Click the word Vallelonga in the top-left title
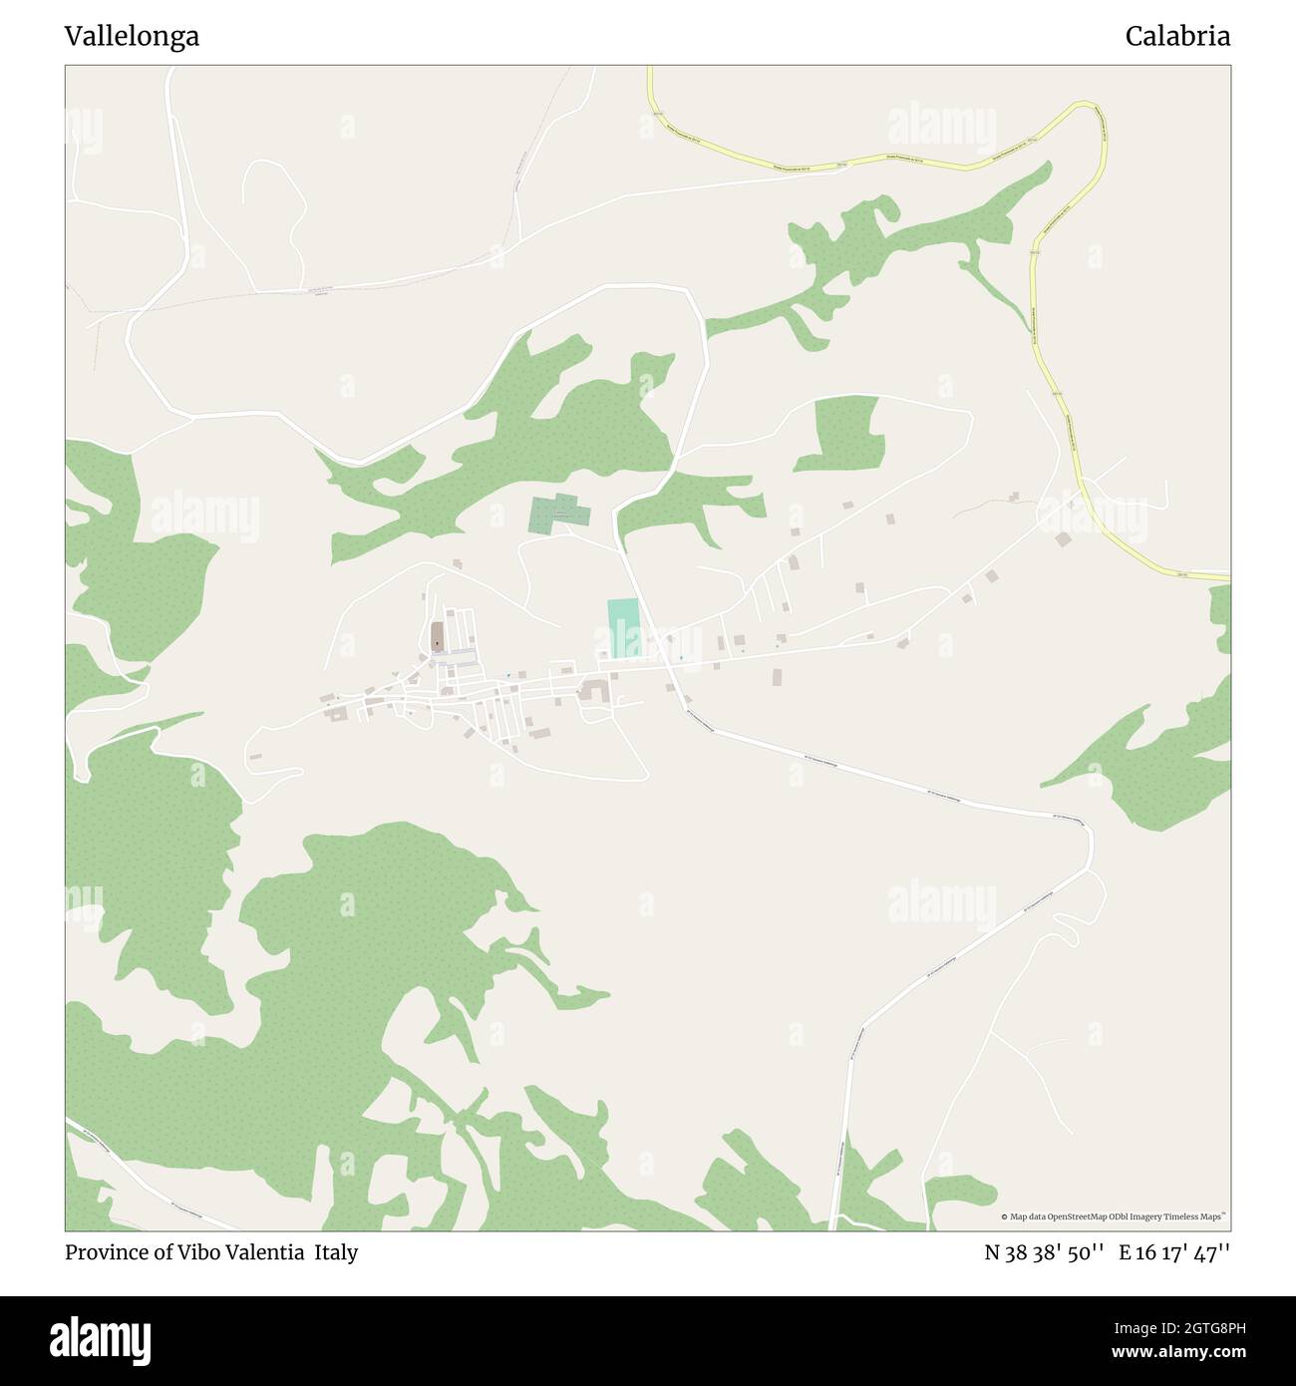[x=132, y=37]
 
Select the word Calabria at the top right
[x=1177, y=37]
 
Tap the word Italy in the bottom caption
[x=336, y=1252]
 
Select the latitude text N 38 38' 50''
[x=1044, y=1252]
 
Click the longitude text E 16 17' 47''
[x=1174, y=1252]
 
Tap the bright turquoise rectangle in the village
[x=624, y=628]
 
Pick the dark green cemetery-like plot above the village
[x=558, y=514]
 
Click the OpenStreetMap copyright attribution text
[x=1114, y=1216]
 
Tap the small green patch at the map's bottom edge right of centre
[x=959, y=1192]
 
